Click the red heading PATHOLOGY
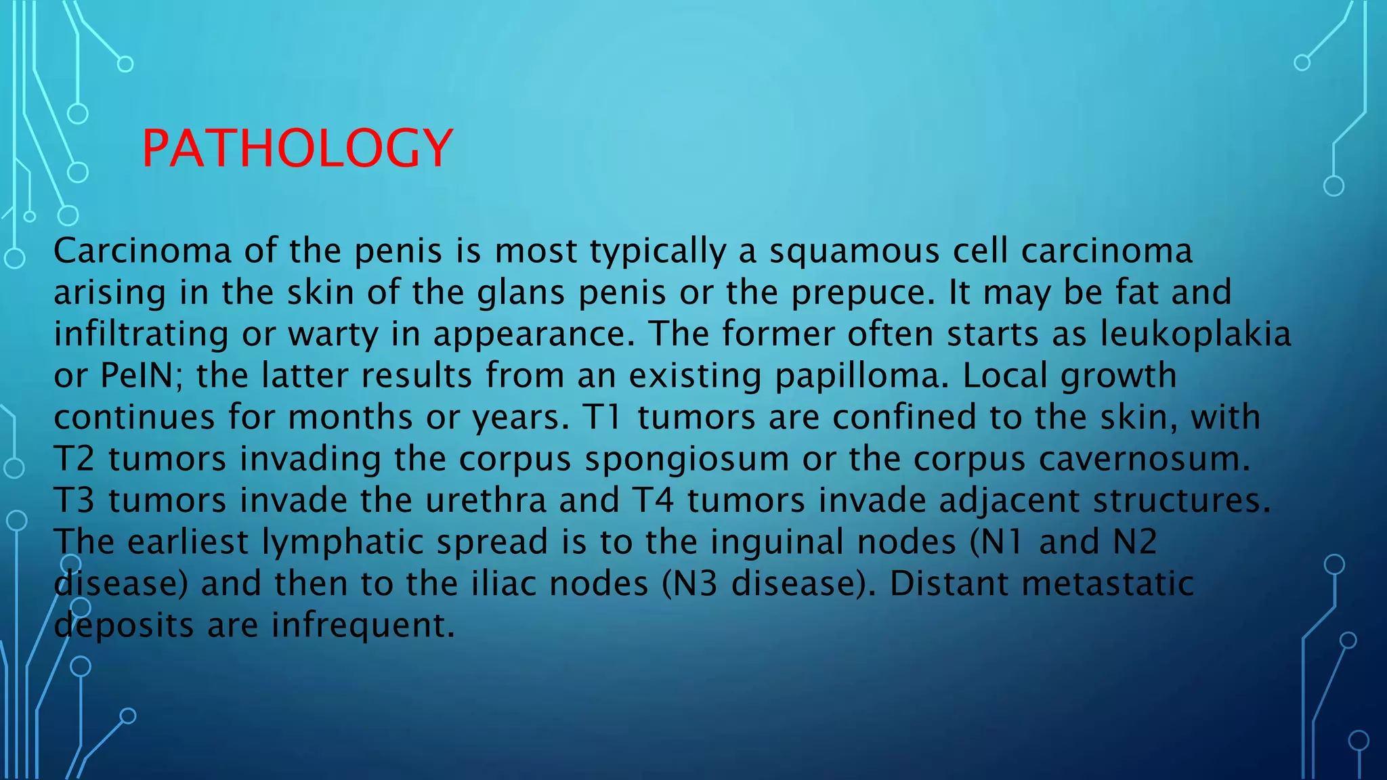(297, 148)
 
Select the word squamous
(854, 251)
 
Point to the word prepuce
(863, 293)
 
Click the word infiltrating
(142, 334)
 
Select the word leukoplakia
(1195, 334)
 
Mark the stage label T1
(601, 418)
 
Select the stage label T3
(74, 501)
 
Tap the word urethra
(486, 501)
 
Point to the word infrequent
(363, 626)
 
